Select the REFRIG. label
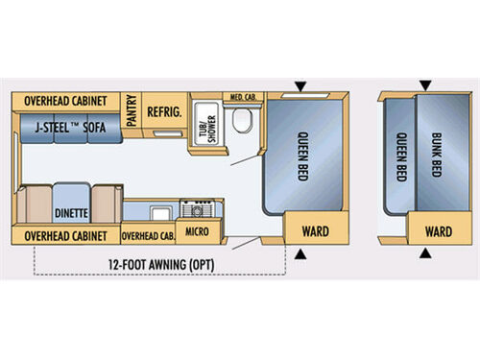coord(164,112)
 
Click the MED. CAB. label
coord(239,97)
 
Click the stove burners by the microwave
coord(202,208)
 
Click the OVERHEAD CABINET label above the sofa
coord(65,101)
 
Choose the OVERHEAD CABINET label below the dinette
coord(65,234)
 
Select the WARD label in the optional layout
coord(438,231)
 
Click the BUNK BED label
coord(437,154)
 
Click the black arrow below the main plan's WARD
coord(303,254)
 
